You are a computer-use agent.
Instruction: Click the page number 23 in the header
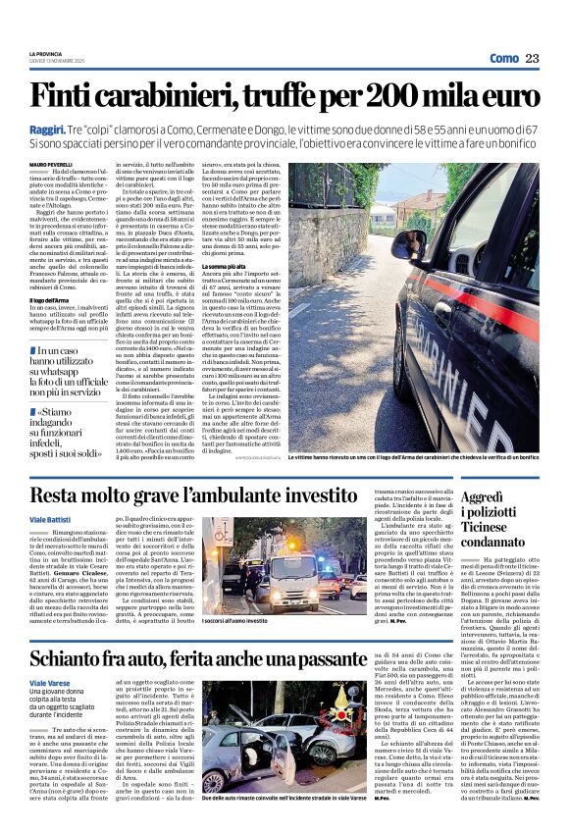click(x=532, y=59)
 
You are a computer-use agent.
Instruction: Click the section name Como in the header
click(x=502, y=59)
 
